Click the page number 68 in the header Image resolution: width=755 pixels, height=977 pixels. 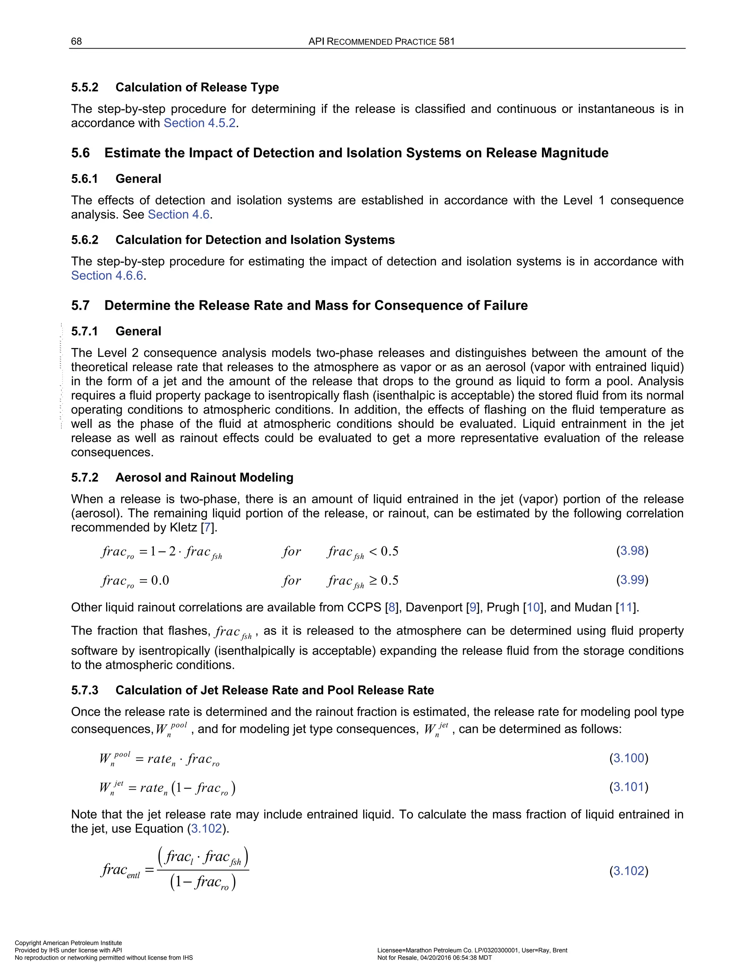(x=76, y=42)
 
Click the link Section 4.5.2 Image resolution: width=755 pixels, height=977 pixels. (x=199, y=123)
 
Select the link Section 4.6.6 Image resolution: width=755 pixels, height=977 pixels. (x=107, y=275)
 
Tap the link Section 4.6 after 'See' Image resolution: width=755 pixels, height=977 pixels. (x=178, y=215)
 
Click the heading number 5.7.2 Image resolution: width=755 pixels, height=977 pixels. (x=84, y=478)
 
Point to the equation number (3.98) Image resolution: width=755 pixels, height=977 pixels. (x=632, y=551)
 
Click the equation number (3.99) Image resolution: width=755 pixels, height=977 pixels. (x=632, y=580)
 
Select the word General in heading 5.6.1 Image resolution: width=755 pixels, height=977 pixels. (x=138, y=179)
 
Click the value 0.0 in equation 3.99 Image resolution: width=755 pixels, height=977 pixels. (x=160, y=581)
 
